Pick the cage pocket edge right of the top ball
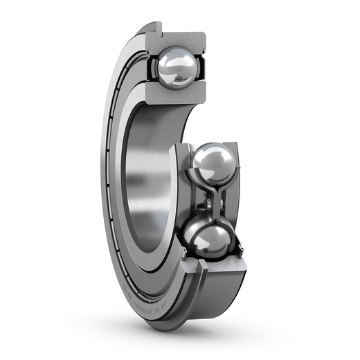(x=201, y=69)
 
